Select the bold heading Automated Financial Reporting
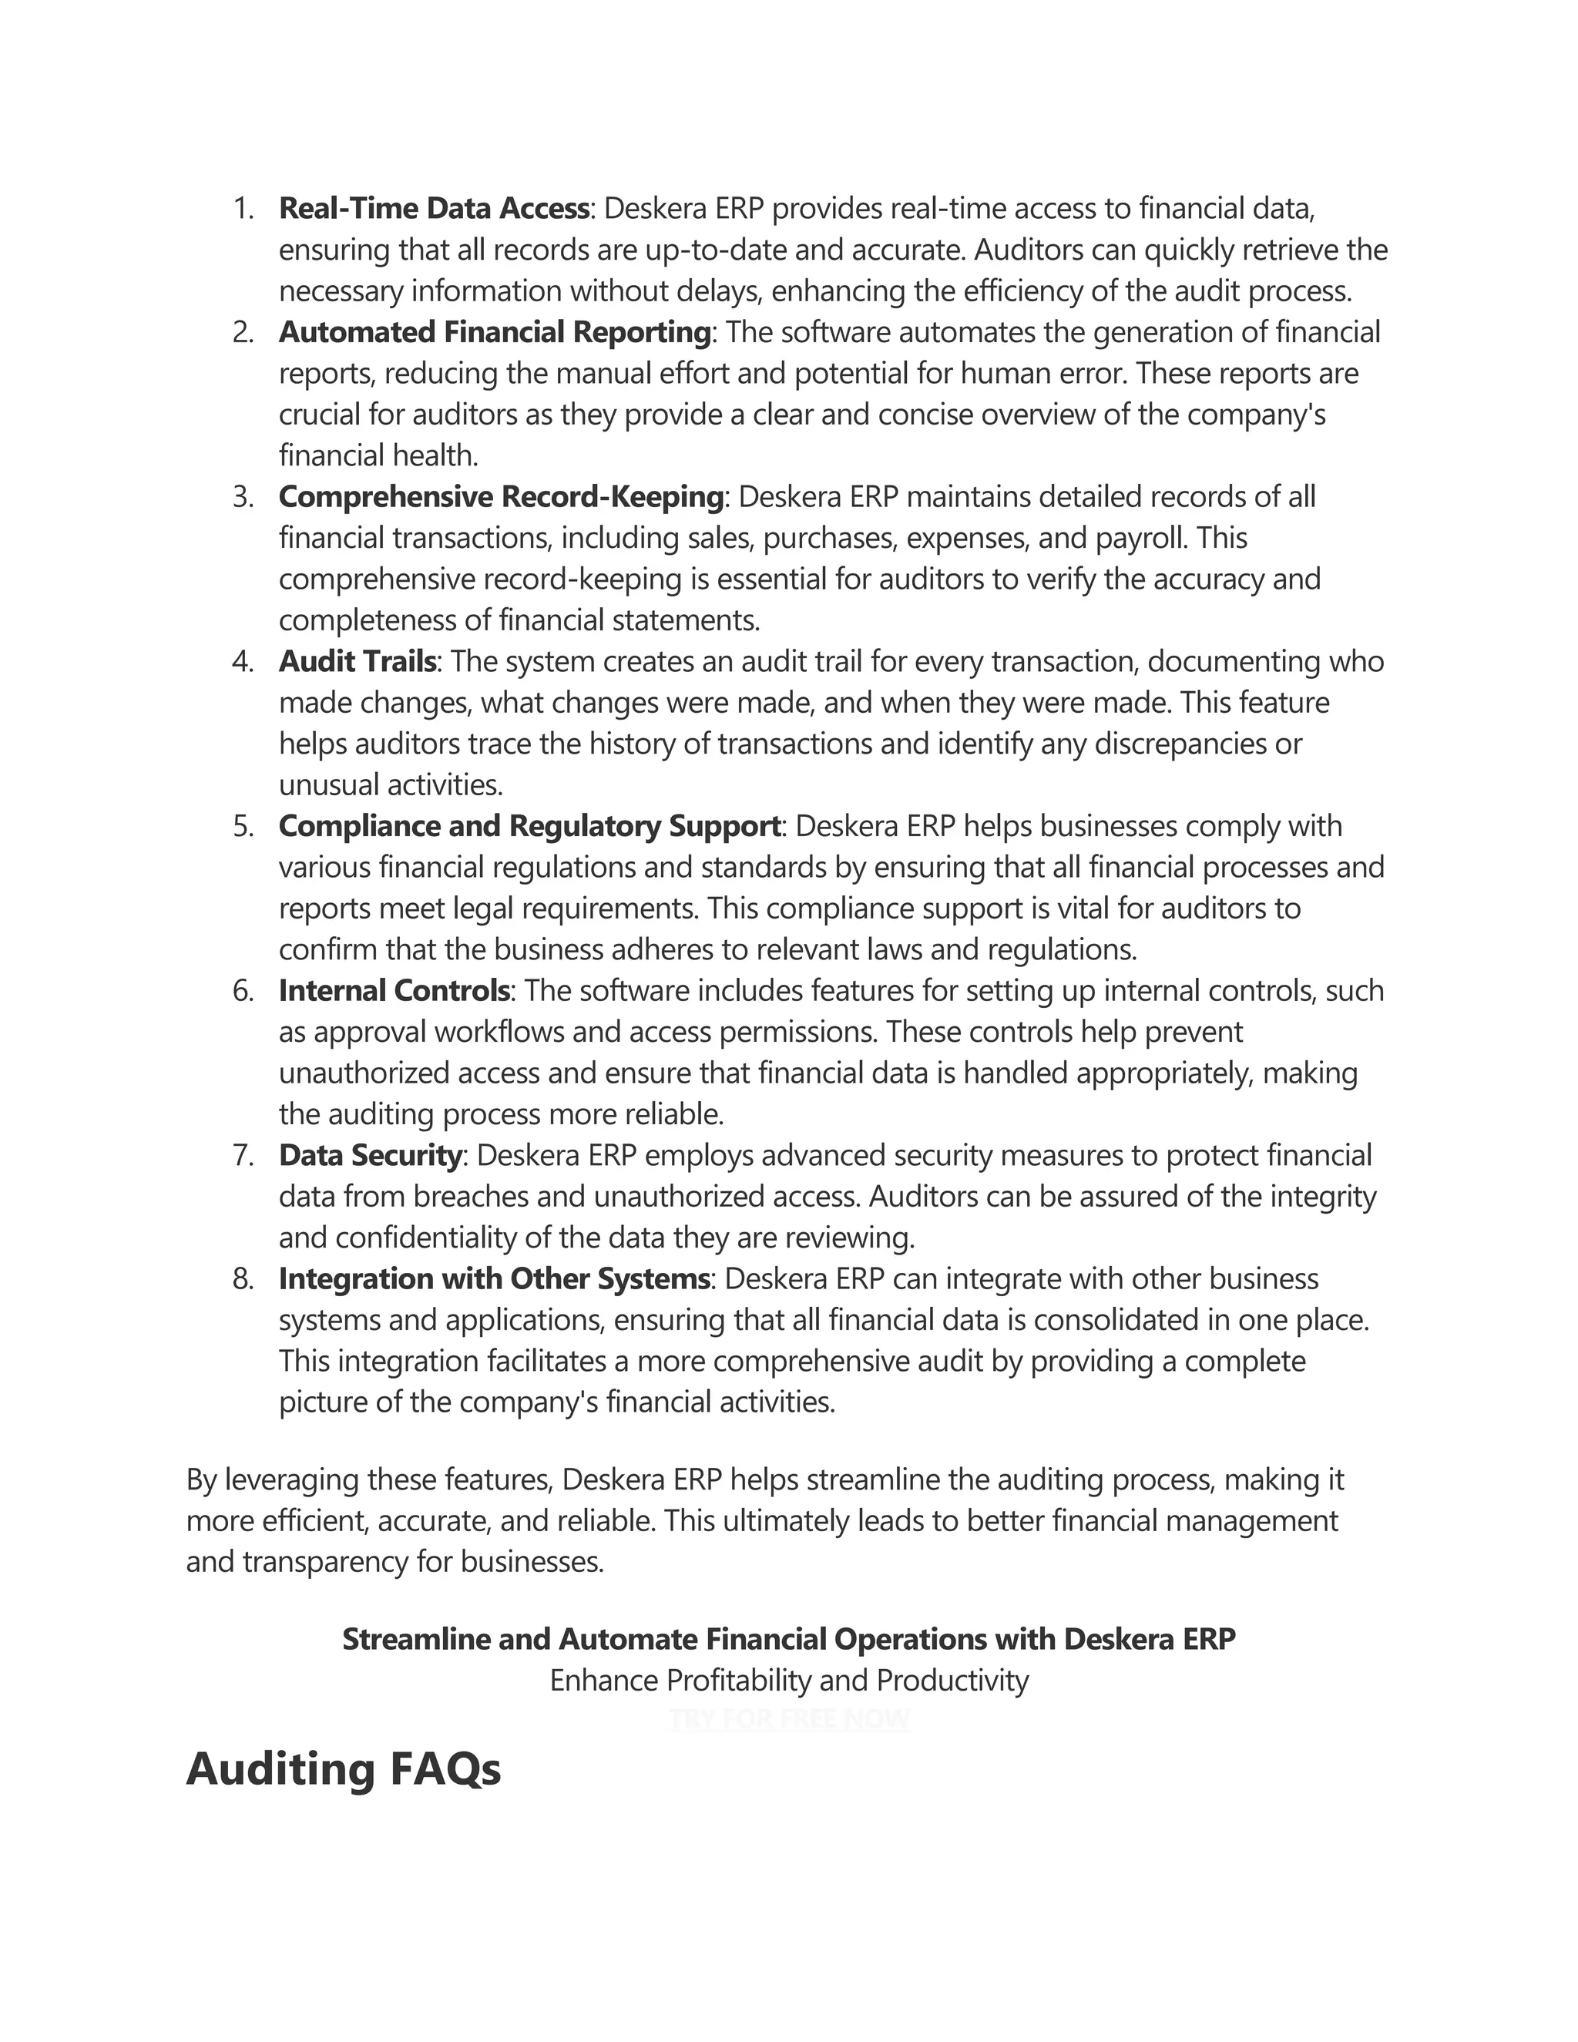coord(495,332)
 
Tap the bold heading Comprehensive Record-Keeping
coord(501,496)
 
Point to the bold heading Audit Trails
coord(357,661)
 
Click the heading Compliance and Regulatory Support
coord(529,825)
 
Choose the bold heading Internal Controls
coord(394,990)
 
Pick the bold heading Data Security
coord(370,1155)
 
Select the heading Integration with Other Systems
coord(495,1278)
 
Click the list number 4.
coord(242,662)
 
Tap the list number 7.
coord(242,1156)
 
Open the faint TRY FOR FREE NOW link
coord(789,1718)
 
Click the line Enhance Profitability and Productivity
coord(789,1680)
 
